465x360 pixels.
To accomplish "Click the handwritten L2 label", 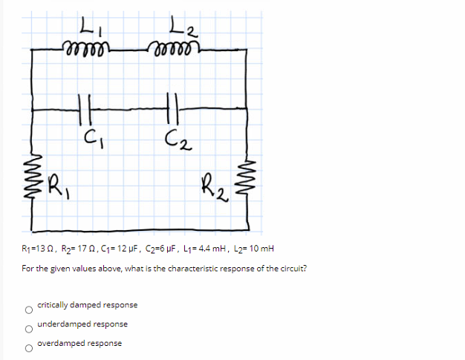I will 181,32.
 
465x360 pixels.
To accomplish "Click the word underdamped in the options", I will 64,324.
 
